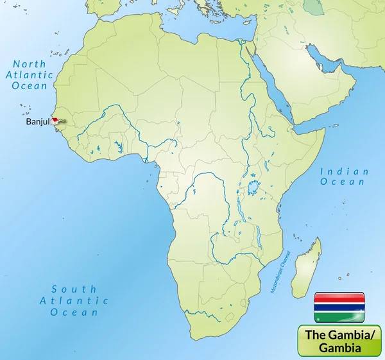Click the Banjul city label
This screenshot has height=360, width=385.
(38, 121)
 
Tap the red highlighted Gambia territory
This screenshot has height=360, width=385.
(58, 119)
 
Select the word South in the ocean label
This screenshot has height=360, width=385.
(74, 289)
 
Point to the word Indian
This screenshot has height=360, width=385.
(345, 171)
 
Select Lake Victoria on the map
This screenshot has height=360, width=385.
(255, 188)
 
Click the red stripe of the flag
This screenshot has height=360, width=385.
(339, 298)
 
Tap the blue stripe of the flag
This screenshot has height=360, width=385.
(339, 307)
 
